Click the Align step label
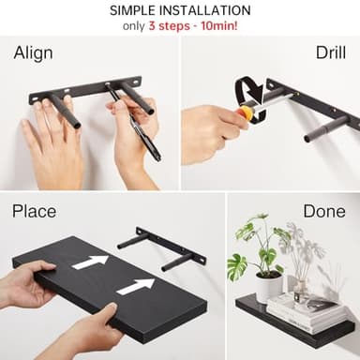(x=33, y=52)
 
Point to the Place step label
(x=34, y=211)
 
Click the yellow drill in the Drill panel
(x=247, y=111)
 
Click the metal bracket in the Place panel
(x=164, y=247)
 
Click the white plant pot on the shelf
(x=270, y=287)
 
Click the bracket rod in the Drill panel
(x=325, y=127)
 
